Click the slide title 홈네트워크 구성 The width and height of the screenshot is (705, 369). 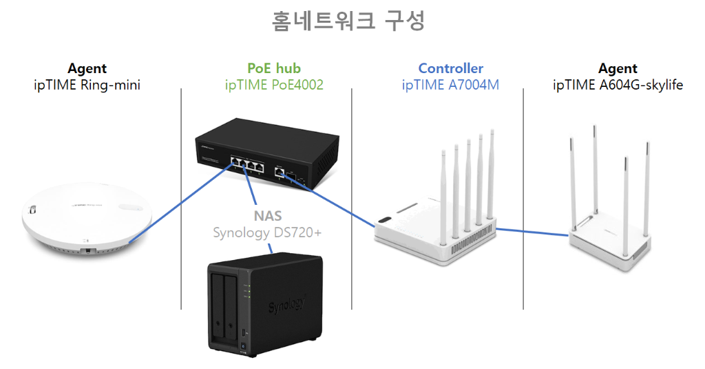click(348, 21)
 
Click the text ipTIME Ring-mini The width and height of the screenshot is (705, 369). click(87, 86)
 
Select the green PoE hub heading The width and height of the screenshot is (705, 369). click(274, 68)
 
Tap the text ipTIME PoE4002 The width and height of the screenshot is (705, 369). click(274, 86)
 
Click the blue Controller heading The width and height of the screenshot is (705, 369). click(451, 68)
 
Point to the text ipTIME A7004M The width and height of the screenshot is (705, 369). click(451, 86)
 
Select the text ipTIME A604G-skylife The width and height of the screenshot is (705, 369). click(618, 86)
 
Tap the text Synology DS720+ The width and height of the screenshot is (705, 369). click(267, 232)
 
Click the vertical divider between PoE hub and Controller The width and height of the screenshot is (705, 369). click(352, 200)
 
